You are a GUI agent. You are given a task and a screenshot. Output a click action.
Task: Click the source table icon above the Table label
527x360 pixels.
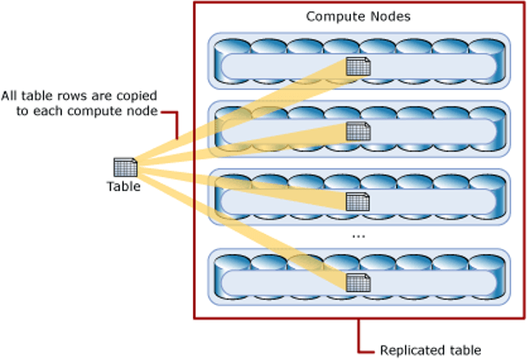pyautogui.click(x=124, y=167)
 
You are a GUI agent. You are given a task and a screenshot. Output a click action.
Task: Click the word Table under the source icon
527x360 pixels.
pyautogui.click(x=124, y=187)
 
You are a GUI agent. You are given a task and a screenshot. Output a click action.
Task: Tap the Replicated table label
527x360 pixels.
pyautogui.click(x=431, y=350)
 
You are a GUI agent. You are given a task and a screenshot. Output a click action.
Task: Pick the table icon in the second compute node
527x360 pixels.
pyautogui.click(x=357, y=130)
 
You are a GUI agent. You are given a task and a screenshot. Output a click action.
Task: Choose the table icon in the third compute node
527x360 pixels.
pyautogui.click(x=357, y=200)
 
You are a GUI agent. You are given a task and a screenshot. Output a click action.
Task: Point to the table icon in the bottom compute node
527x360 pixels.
pyautogui.click(x=357, y=282)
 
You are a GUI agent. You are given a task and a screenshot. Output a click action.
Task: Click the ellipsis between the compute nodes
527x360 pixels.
pyautogui.click(x=360, y=236)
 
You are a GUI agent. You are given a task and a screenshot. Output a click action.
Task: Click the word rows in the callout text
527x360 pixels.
pyautogui.click(x=79, y=96)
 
